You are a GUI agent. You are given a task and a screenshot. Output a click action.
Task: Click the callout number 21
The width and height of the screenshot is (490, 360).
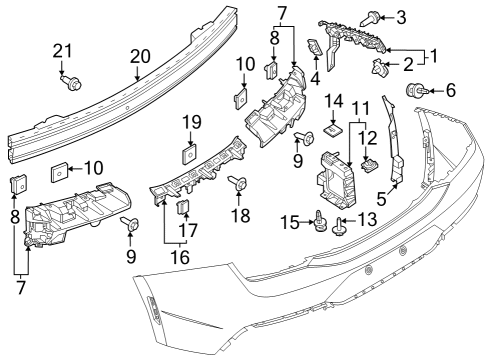(63, 51)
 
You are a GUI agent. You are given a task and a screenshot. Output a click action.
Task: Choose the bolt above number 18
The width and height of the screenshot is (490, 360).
(239, 183)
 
